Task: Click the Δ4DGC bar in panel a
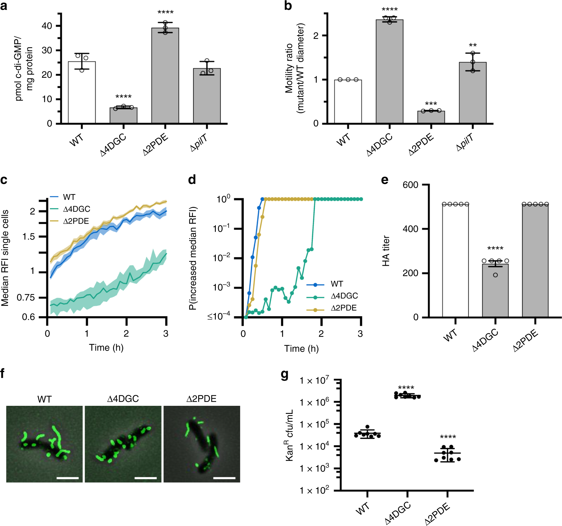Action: [x=123, y=116]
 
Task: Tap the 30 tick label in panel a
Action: [x=47, y=50]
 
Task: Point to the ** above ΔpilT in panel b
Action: [x=473, y=45]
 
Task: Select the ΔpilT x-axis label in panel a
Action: [x=199, y=143]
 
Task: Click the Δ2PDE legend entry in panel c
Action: [x=76, y=221]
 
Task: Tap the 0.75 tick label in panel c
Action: [x=26, y=298]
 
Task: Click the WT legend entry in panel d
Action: [x=337, y=284]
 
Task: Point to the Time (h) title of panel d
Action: [x=301, y=349]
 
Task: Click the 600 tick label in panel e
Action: [x=410, y=185]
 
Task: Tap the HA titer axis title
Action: [x=386, y=251]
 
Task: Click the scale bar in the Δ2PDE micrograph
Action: [x=224, y=478]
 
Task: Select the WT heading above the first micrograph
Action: [x=44, y=399]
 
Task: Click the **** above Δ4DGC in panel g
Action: [x=406, y=388]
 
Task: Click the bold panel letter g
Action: [x=285, y=375]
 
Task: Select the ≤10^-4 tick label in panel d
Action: [x=219, y=316]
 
